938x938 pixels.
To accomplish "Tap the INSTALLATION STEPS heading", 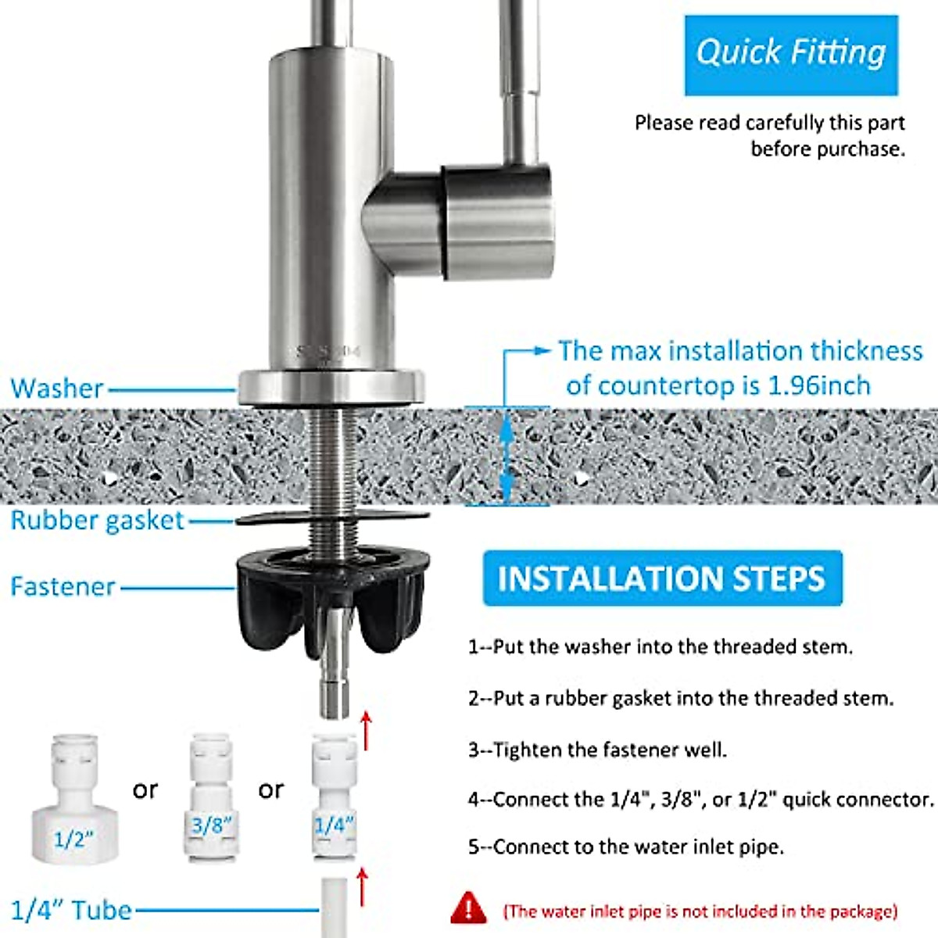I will click(x=661, y=578).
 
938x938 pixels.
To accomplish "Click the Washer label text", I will click(x=57, y=388).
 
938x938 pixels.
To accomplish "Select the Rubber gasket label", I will click(x=97, y=521).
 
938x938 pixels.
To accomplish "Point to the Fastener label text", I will click(x=63, y=586).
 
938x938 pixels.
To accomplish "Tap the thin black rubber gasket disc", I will click(x=332, y=517).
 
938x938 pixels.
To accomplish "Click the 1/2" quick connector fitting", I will click(x=74, y=801).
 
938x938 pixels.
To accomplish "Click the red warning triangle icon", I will click(x=468, y=908).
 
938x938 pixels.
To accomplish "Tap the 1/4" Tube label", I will click(x=71, y=910).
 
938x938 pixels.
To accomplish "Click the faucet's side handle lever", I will click(x=496, y=220).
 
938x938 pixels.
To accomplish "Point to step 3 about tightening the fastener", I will click(x=597, y=750).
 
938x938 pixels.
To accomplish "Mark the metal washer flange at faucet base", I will click(x=331, y=387).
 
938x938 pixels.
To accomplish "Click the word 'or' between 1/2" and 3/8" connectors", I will click(x=145, y=789).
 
